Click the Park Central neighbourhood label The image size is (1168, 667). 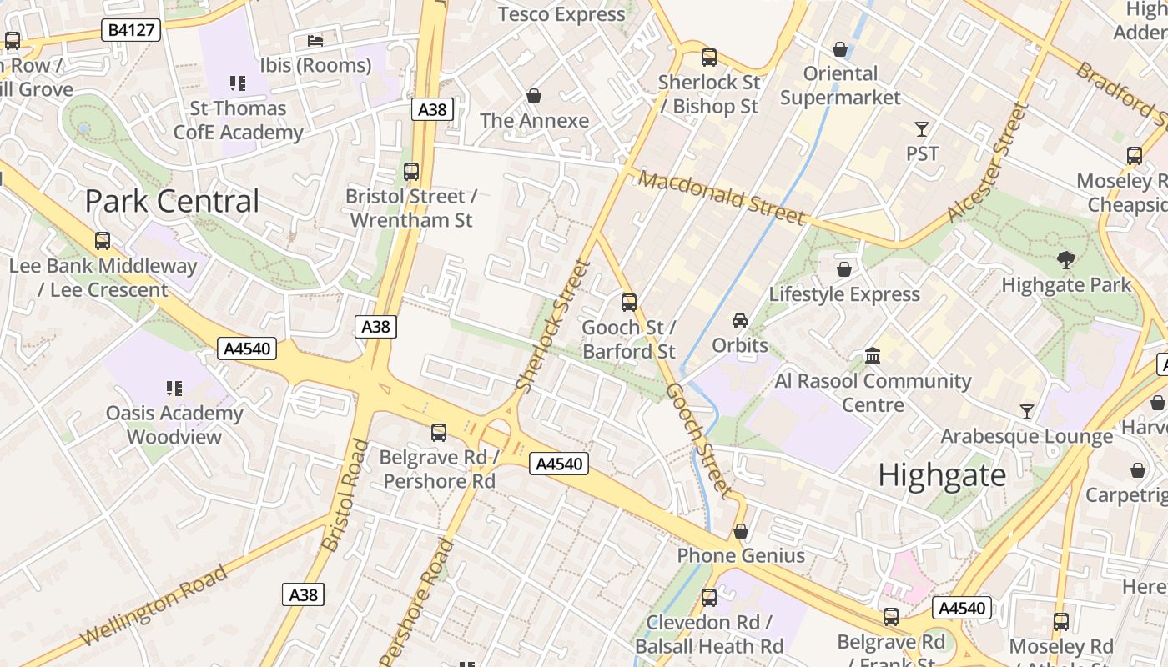pyautogui.click(x=172, y=202)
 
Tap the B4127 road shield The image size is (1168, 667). pyautogui.click(x=130, y=30)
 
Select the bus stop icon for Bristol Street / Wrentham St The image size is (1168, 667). pyautogui.click(x=411, y=172)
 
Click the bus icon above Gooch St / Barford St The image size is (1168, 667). pyautogui.click(x=629, y=302)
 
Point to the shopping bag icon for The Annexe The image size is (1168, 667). pyautogui.click(x=534, y=96)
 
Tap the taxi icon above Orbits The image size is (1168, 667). pyautogui.click(x=739, y=320)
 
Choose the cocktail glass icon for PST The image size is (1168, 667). pyautogui.click(x=922, y=128)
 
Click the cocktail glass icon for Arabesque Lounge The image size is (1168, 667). pyautogui.click(x=1026, y=411)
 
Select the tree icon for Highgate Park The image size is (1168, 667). pyautogui.click(x=1065, y=259)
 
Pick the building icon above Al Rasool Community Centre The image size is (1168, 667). pyautogui.click(x=873, y=356)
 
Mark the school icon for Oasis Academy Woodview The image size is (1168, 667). pyautogui.click(x=174, y=388)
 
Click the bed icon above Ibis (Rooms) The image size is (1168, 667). pyautogui.click(x=315, y=40)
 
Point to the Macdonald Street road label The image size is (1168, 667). pyautogui.click(x=722, y=197)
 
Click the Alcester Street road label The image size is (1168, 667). pyautogui.click(x=985, y=163)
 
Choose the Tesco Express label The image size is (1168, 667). pyautogui.click(x=561, y=14)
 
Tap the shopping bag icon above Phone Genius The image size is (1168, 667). pyautogui.click(x=740, y=531)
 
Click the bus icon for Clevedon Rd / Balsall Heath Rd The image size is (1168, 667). pyautogui.click(x=708, y=597)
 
